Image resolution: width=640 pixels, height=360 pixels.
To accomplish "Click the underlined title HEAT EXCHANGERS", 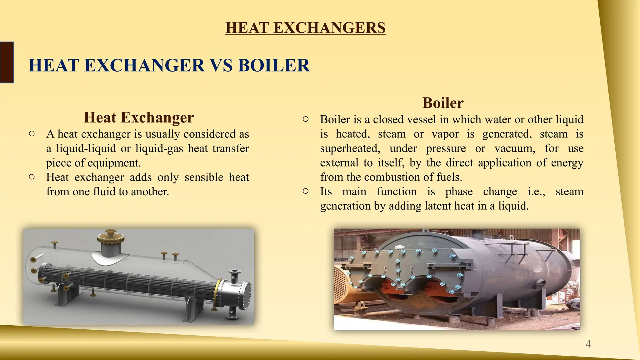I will coord(305,27).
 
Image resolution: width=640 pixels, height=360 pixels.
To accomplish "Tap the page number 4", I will coord(588,344).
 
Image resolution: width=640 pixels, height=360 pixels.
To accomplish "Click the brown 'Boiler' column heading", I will coord(443,103).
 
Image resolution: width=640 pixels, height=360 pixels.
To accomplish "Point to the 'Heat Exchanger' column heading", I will coord(139,117).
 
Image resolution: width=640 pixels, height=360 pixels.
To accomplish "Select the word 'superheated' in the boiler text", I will coord(350,148).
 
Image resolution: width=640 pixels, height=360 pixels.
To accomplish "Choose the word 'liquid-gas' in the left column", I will coord(159,148).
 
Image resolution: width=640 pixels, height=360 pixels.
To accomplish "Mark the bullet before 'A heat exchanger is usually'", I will coord(32,134).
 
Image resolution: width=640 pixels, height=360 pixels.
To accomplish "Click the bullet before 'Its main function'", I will coord(306,191).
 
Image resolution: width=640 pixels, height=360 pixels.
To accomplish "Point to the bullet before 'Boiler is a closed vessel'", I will coord(306,119).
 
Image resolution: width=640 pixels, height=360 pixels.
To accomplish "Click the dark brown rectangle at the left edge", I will coord(7,62).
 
